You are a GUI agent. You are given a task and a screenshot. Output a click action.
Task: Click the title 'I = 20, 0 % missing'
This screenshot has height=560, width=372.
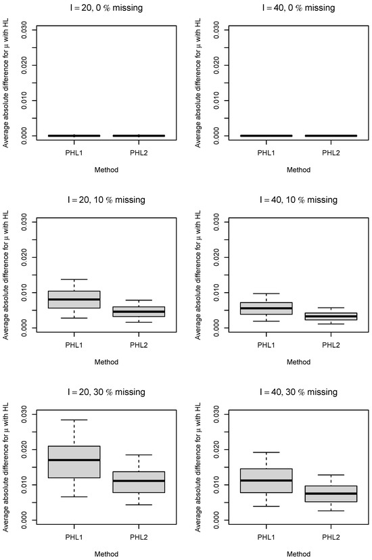(106, 7)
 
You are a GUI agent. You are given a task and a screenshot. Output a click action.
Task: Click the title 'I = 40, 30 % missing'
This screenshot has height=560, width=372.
(298, 392)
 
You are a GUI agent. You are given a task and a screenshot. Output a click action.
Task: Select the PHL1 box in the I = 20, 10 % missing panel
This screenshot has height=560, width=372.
(74, 300)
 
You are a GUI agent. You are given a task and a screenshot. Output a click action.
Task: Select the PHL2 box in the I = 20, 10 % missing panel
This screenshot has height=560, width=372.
(139, 312)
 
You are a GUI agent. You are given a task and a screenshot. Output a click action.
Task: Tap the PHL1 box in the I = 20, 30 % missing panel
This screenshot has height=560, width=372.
(74, 462)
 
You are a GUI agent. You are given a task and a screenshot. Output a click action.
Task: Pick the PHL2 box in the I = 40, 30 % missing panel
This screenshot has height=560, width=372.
(331, 494)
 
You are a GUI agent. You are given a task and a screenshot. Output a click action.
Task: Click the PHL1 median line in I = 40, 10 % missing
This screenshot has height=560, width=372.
(266, 308)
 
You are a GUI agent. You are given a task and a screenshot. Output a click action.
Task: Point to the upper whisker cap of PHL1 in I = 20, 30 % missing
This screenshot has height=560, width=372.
(74, 420)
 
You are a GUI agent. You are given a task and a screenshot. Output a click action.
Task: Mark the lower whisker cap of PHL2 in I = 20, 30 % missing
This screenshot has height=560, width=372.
(139, 505)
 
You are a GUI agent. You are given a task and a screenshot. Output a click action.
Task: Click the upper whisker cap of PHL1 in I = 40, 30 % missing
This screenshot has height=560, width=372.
(266, 452)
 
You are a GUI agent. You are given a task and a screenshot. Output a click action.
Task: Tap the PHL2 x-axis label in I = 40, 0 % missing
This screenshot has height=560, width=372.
(331, 153)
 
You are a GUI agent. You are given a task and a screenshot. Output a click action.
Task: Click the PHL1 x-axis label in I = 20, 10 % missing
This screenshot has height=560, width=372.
(74, 345)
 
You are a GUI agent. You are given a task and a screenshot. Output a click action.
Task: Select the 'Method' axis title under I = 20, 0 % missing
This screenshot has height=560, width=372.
(106, 170)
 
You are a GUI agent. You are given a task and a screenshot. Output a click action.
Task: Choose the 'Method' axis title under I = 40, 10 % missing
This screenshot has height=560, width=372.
(298, 362)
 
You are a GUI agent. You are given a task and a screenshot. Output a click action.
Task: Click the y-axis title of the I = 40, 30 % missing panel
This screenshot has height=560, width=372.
(198, 467)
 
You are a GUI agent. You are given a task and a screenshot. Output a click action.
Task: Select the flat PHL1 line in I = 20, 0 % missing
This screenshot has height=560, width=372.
(74, 136)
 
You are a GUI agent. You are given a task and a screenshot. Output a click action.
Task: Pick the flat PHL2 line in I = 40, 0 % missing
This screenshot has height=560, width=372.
(331, 136)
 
